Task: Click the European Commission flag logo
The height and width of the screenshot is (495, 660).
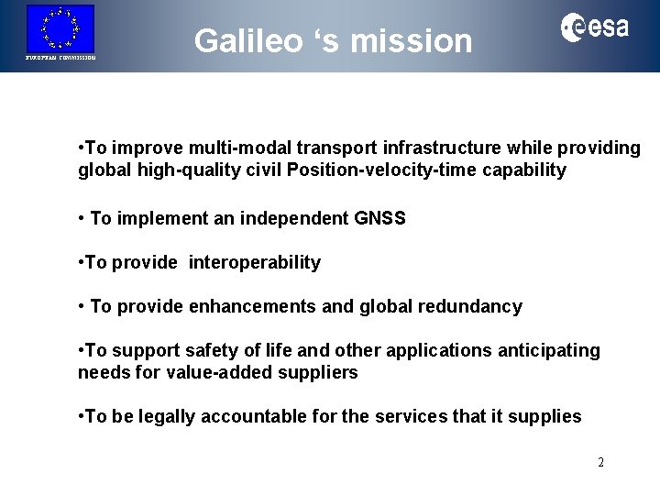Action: pyautogui.click(x=60, y=28)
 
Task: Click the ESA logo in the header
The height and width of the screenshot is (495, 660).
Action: pyautogui.click(x=595, y=28)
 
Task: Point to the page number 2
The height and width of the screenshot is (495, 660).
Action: pyautogui.click(x=600, y=462)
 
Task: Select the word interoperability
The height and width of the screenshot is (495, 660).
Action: pyautogui.click(x=255, y=263)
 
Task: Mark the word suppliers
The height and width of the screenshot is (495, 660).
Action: pyautogui.click(x=321, y=373)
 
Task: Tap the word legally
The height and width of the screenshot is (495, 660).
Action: pyautogui.click(x=164, y=417)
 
